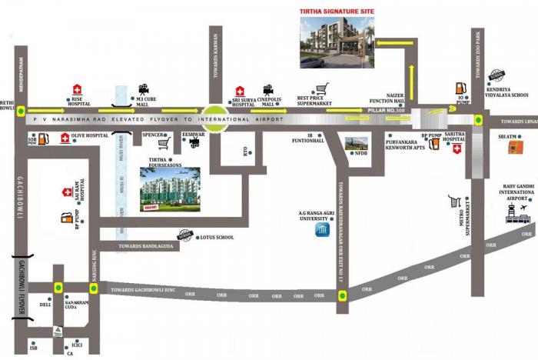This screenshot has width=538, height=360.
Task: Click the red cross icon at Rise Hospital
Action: pos(77,88)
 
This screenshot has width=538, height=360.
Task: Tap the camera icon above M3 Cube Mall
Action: pos(144,89)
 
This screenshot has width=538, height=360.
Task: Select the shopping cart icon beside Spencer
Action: pos(163,142)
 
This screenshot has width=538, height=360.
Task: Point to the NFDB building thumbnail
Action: pos(357,143)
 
